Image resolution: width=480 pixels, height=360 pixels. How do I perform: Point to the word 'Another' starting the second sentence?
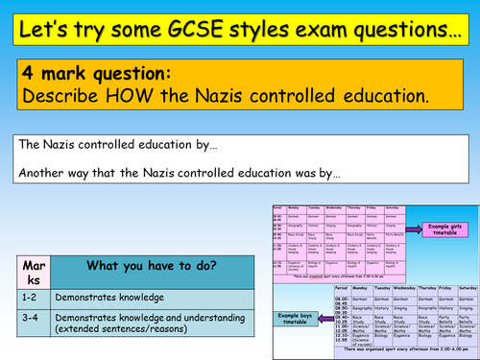[41, 175]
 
